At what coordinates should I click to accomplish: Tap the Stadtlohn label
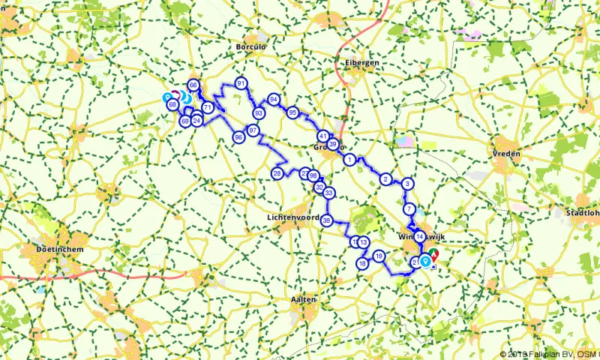tap(585, 213)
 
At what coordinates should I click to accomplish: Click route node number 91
tap(241, 83)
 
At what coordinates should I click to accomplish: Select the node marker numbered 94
tap(274, 100)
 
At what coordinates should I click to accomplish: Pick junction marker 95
tap(292, 112)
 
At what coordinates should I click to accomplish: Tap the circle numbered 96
tap(238, 137)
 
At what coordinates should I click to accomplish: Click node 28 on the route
tap(277, 174)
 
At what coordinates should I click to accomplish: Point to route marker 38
tap(326, 220)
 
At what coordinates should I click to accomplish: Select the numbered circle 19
tap(379, 256)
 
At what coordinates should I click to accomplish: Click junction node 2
tap(385, 178)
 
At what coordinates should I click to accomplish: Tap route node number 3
tap(407, 184)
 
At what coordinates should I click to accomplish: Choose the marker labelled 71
tap(208, 108)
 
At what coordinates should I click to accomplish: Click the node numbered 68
tap(172, 104)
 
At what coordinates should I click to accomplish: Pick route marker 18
tap(361, 264)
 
